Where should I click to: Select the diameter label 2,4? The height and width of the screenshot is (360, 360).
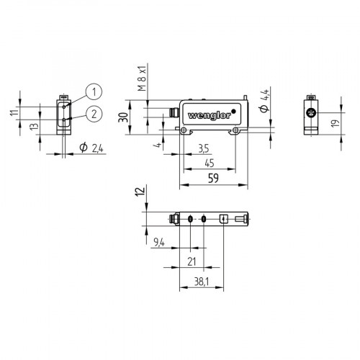93,148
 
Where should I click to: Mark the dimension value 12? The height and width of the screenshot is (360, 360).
140,192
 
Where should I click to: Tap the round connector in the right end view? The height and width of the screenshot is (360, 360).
310,114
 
